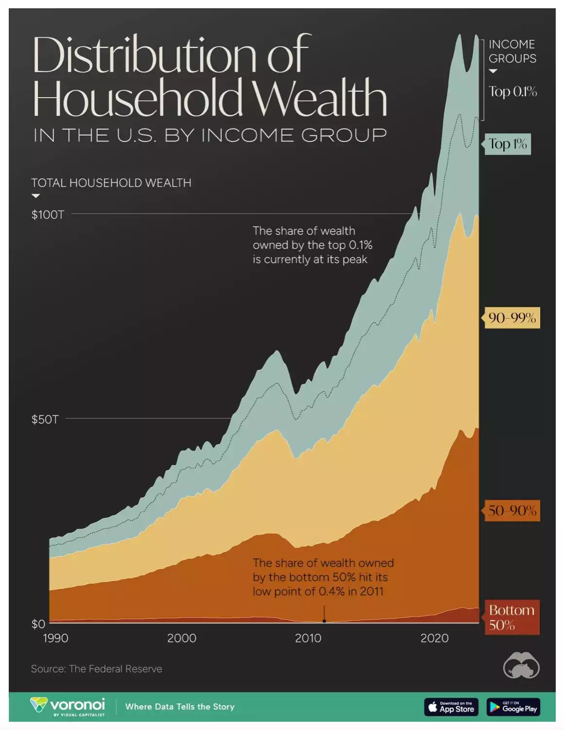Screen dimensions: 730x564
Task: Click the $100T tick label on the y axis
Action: (48, 214)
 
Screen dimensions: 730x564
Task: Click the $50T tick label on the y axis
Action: (45, 419)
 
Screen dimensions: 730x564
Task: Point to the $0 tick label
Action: (38, 624)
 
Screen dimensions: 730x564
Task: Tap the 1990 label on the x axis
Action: (55, 638)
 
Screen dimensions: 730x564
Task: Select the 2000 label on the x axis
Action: (182, 638)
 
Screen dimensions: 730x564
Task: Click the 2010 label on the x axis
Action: (308, 638)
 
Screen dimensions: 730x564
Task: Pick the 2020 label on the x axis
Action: (434, 638)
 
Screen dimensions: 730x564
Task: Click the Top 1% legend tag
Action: (508, 144)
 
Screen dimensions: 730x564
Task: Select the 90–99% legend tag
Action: (512, 318)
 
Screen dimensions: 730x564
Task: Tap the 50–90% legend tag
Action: (512, 510)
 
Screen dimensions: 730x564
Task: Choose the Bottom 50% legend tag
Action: (511, 617)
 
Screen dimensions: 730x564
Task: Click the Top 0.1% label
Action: (512, 91)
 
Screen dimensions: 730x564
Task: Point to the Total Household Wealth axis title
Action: (111, 183)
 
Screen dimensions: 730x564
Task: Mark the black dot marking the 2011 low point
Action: (324, 621)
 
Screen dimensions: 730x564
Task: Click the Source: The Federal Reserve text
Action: (96, 669)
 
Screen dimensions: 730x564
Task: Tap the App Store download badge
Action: (451, 707)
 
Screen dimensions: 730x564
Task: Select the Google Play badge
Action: (513, 707)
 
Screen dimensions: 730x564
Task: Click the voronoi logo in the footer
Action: (68, 706)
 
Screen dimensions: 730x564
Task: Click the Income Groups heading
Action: (512, 51)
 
